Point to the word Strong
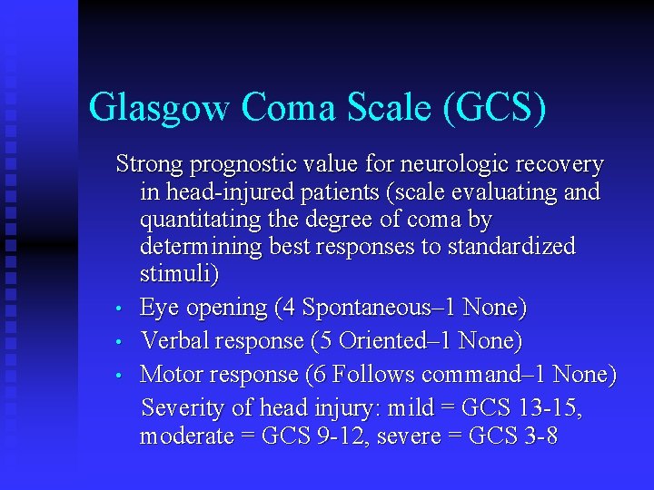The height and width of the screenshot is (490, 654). (x=150, y=165)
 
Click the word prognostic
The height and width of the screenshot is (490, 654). (x=241, y=166)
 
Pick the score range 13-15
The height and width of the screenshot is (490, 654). (x=551, y=409)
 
